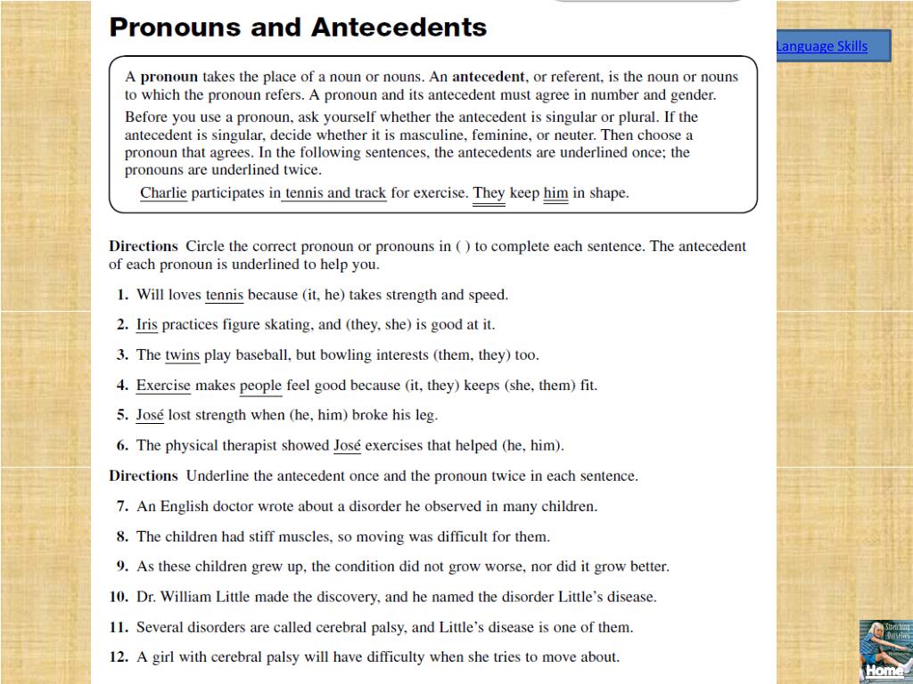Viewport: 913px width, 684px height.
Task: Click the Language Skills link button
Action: pyautogui.click(x=821, y=46)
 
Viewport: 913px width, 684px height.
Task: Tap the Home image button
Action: pyautogui.click(x=884, y=651)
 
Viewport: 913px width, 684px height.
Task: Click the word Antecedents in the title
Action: pyautogui.click(x=399, y=28)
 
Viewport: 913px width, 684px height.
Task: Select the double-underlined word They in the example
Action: pyautogui.click(x=489, y=192)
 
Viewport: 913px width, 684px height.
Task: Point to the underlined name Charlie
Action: pyautogui.click(x=163, y=192)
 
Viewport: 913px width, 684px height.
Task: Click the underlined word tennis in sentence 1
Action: pyautogui.click(x=224, y=295)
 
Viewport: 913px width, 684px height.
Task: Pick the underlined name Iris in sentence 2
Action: pyautogui.click(x=146, y=325)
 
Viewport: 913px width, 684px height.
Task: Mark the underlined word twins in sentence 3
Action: pyautogui.click(x=182, y=355)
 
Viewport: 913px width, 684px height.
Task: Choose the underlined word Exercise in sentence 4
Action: pyautogui.click(x=163, y=386)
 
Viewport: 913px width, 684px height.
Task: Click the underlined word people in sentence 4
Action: pyautogui.click(x=260, y=386)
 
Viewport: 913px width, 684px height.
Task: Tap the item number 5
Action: pyautogui.click(x=122, y=415)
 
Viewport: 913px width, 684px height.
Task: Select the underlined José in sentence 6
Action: pyautogui.click(x=347, y=445)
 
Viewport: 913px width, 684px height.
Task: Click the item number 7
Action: pyautogui.click(x=122, y=507)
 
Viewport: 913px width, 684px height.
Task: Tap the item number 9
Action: pyautogui.click(x=122, y=566)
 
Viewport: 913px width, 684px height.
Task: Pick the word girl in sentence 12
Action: pyautogui.click(x=163, y=657)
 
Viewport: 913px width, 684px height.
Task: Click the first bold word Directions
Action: pyautogui.click(x=144, y=247)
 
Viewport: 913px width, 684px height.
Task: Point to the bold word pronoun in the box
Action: pyautogui.click(x=169, y=77)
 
